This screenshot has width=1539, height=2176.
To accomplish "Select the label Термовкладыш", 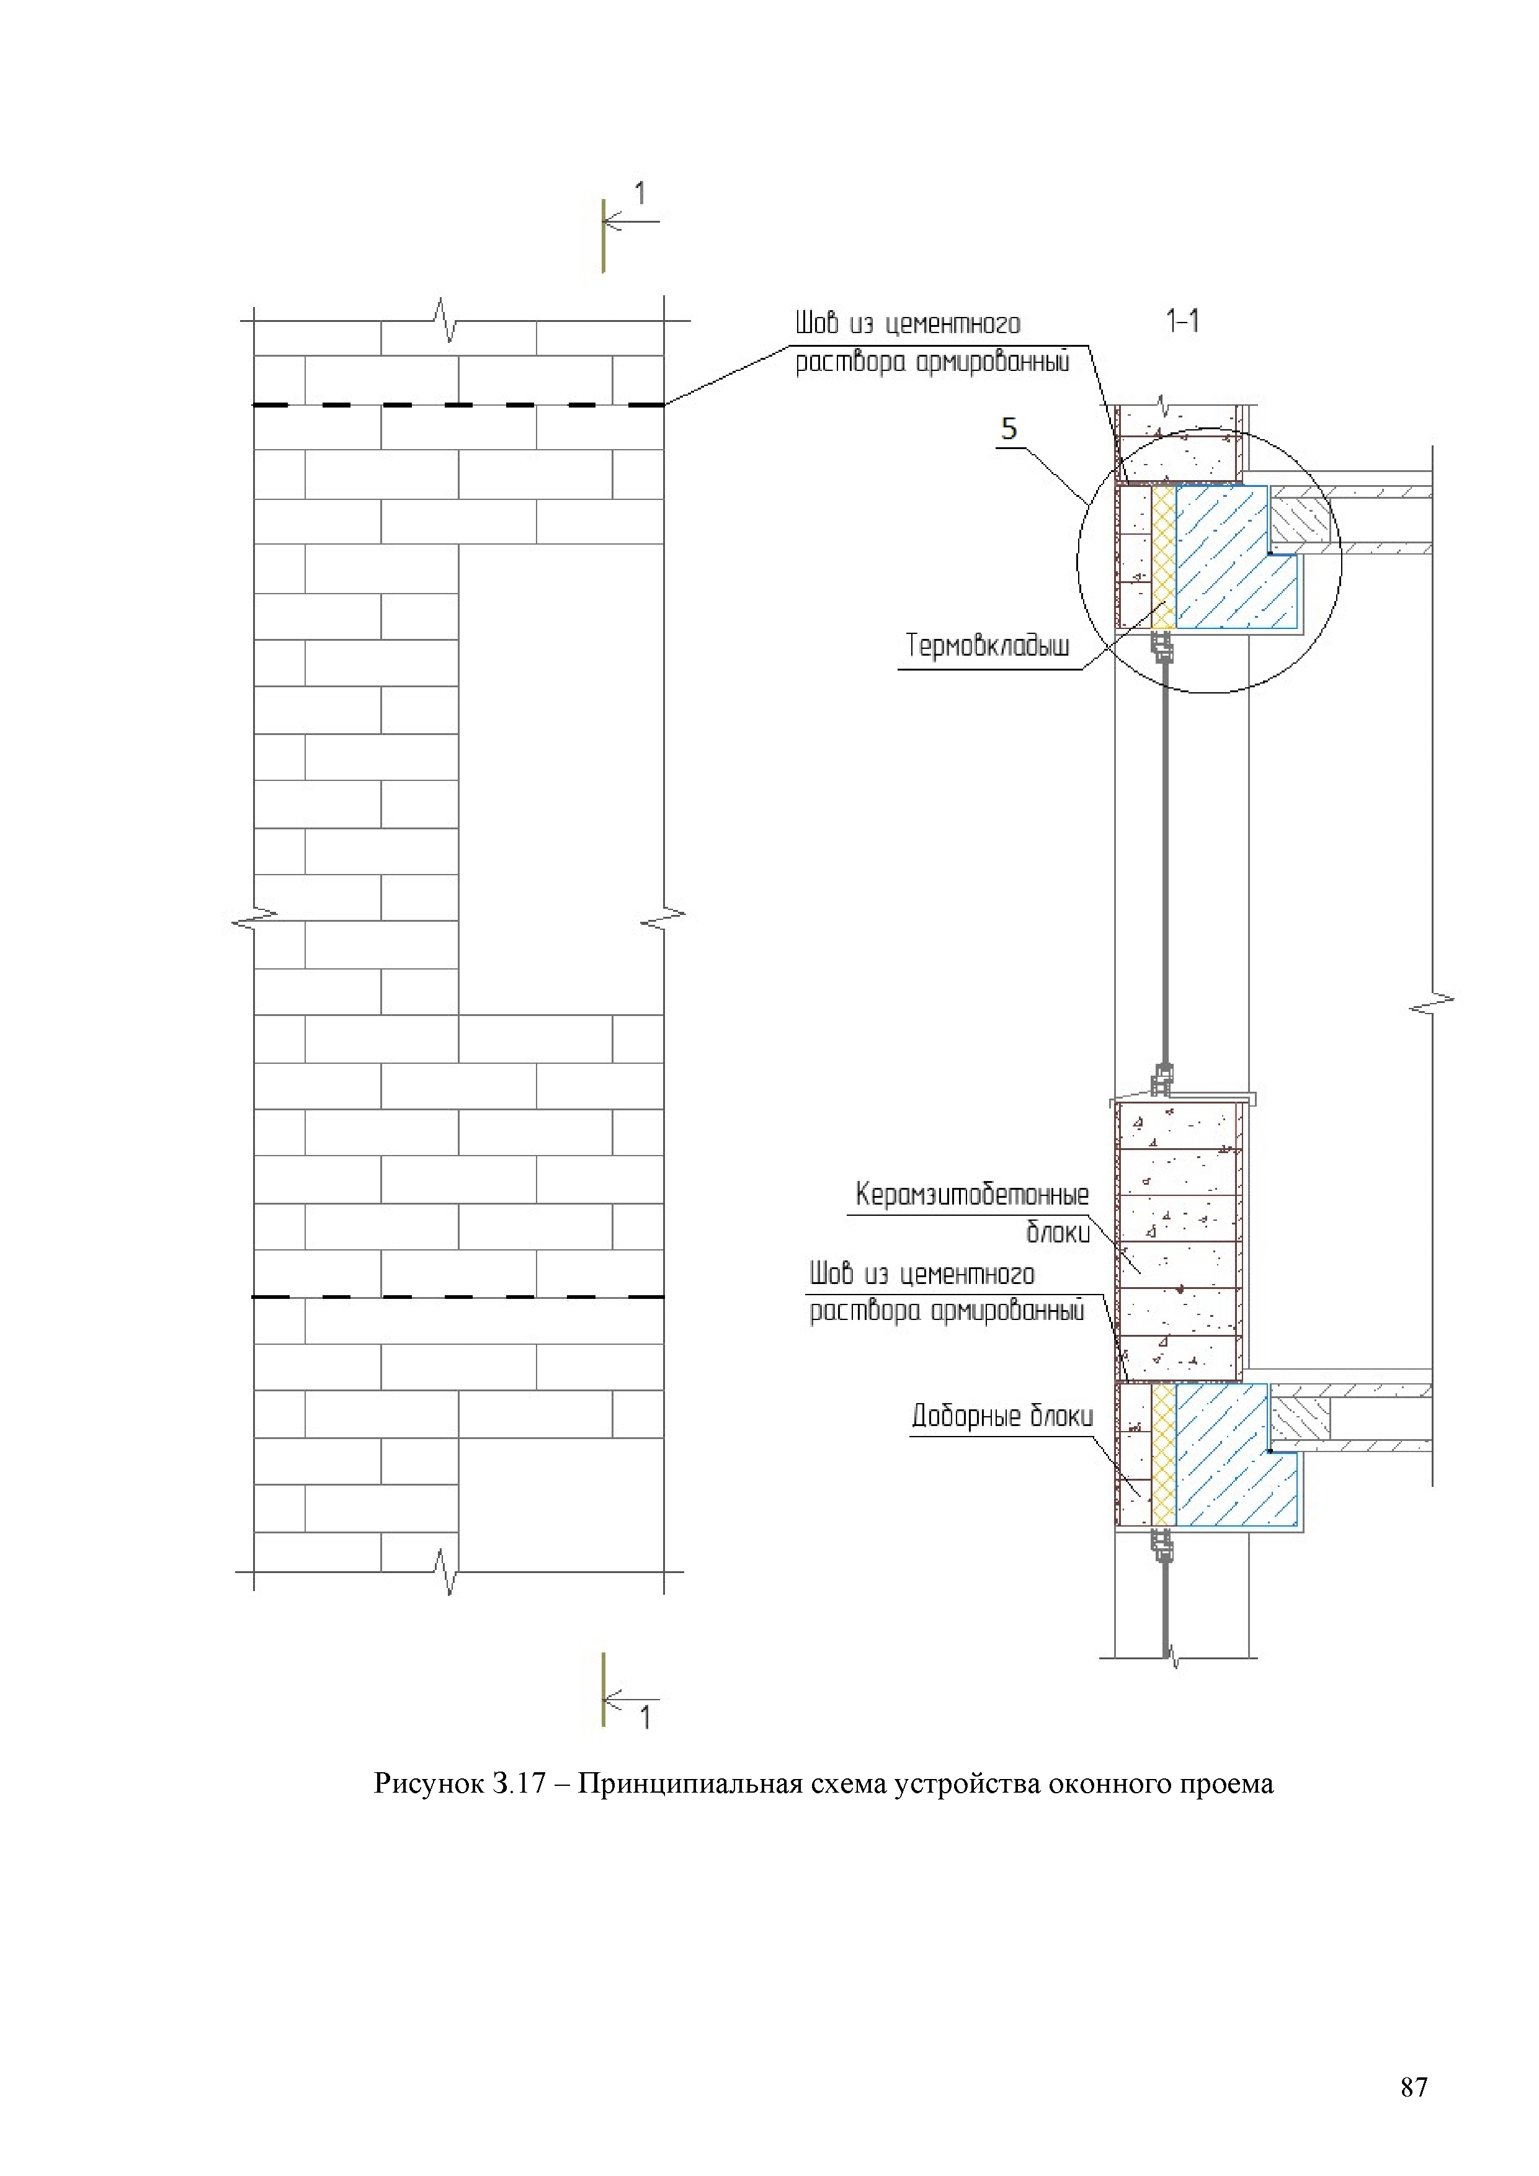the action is pyautogui.click(x=988, y=646).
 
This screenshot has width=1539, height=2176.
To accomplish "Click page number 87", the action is pyautogui.click(x=1413, y=2086).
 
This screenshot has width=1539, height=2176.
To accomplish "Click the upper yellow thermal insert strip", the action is pyautogui.click(x=1164, y=556).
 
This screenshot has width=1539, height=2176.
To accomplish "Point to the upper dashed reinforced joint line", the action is pyautogui.click(x=458, y=406).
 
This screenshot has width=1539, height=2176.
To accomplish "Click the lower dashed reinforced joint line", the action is pyautogui.click(x=458, y=1296).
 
